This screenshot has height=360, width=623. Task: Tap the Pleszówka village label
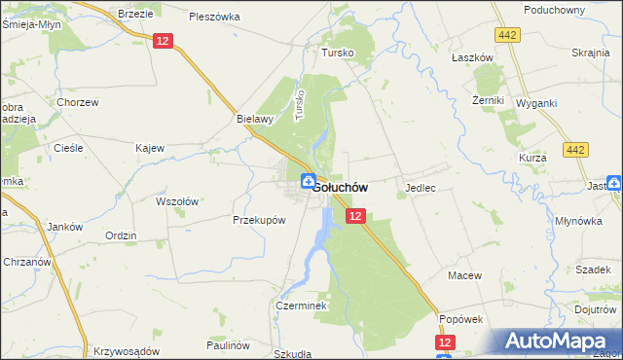pyautogui.click(x=215, y=17)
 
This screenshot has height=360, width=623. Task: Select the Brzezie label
pyautogui.click(x=134, y=13)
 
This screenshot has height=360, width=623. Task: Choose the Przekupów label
pyautogui.click(x=259, y=220)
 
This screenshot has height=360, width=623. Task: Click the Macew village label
pyautogui.click(x=465, y=275)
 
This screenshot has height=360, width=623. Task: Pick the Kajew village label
pyautogui.click(x=150, y=149)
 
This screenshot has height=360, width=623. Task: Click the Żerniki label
pyautogui.click(x=488, y=100)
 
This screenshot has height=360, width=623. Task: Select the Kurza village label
pyautogui.click(x=533, y=157)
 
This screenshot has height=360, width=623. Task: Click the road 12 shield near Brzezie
pyautogui.click(x=163, y=40)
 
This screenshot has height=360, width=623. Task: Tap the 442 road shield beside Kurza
pyautogui.click(x=575, y=149)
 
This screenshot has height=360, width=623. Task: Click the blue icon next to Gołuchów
pyautogui.click(x=308, y=180)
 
